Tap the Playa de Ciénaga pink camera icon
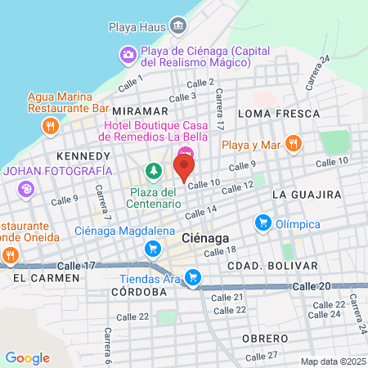(128, 55)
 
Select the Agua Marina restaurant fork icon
(51, 126)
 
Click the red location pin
(183, 168)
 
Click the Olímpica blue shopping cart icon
(263, 221)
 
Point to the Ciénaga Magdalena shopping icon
(151, 248)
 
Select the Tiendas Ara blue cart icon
(193, 278)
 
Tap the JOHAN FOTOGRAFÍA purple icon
(27, 189)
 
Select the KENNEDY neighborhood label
(83, 155)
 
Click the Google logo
(27, 357)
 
